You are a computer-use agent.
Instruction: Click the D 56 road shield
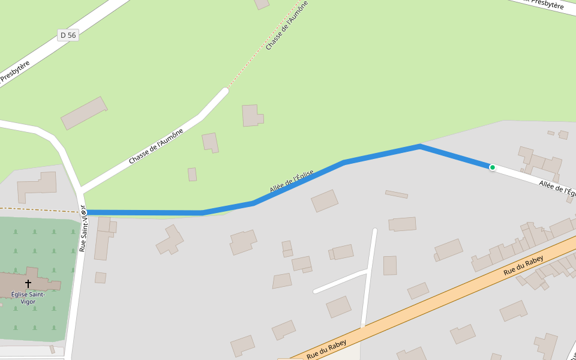click(x=68, y=35)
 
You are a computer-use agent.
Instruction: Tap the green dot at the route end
click(x=492, y=167)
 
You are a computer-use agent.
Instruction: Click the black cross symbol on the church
click(x=28, y=283)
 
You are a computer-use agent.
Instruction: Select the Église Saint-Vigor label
click(x=28, y=298)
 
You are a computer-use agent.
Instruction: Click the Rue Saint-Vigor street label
click(x=83, y=230)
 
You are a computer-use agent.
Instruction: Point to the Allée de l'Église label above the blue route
click(x=292, y=182)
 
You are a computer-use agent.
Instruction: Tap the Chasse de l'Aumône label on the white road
click(x=155, y=147)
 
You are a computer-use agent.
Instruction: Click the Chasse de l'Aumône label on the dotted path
click(x=287, y=25)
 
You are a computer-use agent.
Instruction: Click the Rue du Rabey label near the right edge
click(x=523, y=265)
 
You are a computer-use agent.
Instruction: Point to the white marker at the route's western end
click(x=83, y=212)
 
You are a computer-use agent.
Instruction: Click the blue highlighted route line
click(x=382, y=154)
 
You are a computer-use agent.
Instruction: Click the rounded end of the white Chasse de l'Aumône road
click(x=225, y=91)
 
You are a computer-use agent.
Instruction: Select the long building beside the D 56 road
click(x=84, y=113)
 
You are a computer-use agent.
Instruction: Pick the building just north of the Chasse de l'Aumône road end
click(x=252, y=115)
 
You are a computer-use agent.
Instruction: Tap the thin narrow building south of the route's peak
click(x=396, y=194)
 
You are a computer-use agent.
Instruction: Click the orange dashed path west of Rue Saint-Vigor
click(x=36, y=209)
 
